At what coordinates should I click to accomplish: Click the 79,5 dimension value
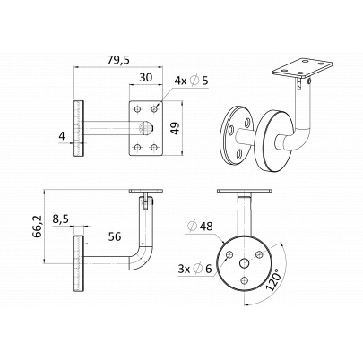click(x=118, y=60)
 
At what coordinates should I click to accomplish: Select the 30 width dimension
click(x=146, y=78)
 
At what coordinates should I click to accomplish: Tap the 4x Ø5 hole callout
click(x=191, y=81)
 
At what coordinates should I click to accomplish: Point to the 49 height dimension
click(x=176, y=128)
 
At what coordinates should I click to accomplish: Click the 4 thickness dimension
click(x=62, y=136)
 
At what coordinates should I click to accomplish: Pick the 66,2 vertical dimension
click(x=38, y=226)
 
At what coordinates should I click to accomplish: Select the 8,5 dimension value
click(x=61, y=219)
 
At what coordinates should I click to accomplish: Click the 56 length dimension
click(x=115, y=236)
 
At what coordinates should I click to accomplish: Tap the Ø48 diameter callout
click(x=200, y=226)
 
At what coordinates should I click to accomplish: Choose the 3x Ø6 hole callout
click(x=194, y=269)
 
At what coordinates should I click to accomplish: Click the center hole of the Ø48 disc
click(x=245, y=263)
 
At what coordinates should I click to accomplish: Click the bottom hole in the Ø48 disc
click(x=245, y=280)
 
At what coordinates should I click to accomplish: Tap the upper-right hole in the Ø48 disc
click(x=259, y=254)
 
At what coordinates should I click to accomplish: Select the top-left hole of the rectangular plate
click(x=137, y=109)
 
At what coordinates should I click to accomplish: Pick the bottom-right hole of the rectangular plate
click(x=154, y=147)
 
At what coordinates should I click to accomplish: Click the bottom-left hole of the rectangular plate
click(x=137, y=147)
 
